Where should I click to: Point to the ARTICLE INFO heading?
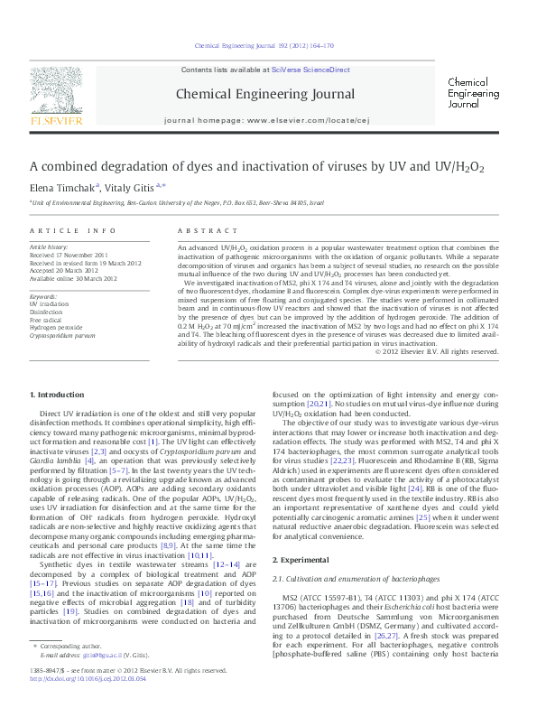click(x=73, y=231)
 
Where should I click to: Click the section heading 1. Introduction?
click(x=59, y=396)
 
